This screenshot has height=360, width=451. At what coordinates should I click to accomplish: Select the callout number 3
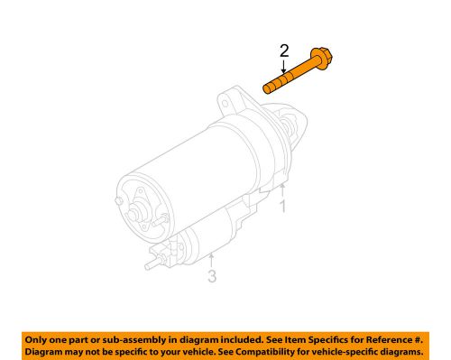[x=213, y=277]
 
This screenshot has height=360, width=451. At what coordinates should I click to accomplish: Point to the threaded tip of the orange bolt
[x=268, y=88]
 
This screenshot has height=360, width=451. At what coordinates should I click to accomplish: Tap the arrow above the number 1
[x=281, y=188]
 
